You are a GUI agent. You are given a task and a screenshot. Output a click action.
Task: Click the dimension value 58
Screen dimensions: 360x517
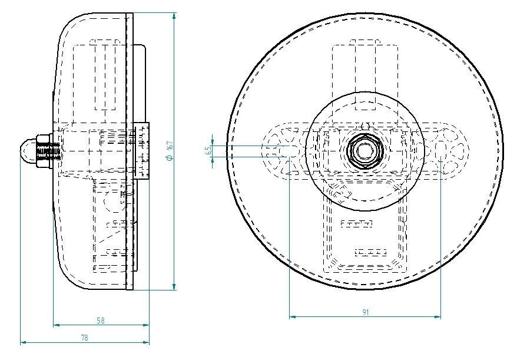(x=101, y=321)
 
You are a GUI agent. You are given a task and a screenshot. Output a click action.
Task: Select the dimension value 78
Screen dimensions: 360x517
(x=84, y=338)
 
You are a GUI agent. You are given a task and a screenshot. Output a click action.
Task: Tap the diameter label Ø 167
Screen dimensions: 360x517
(x=169, y=151)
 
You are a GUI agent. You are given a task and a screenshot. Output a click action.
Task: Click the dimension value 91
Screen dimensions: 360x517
(x=365, y=313)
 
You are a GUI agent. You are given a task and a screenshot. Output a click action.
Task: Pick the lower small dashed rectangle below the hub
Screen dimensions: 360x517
(x=370, y=252)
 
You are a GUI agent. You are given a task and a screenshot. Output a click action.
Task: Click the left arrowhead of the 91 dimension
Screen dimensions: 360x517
(x=293, y=317)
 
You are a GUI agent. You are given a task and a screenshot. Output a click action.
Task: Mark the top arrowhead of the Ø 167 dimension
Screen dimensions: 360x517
(x=174, y=16)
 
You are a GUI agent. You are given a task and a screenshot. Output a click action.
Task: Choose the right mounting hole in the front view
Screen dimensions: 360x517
(x=441, y=151)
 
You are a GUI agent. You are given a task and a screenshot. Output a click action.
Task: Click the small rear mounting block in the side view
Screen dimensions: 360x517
(x=141, y=150)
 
